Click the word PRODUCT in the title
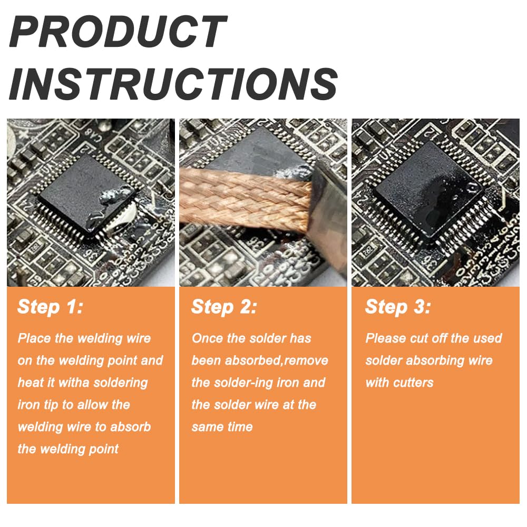pyautogui.click(x=118, y=32)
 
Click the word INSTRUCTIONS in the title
pyautogui.click(x=173, y=83)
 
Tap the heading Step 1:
pyautogui.click(x=50, y=307)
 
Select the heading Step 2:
pyautogui.click(x=224, y=307)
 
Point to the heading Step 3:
pyautogui.click(x=398, y=307)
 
